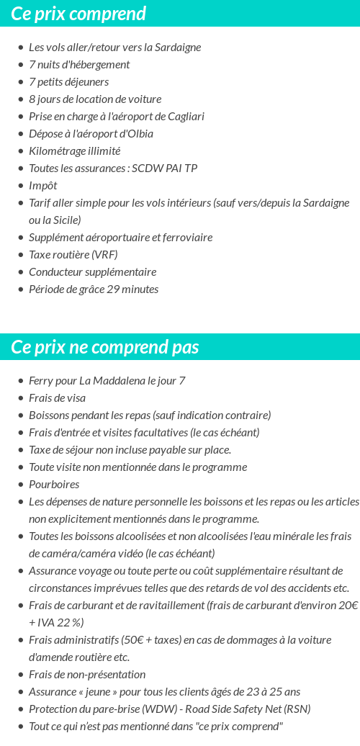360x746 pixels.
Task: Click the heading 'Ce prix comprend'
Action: point(78,14)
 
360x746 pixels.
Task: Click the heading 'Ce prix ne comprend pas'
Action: point(104,347)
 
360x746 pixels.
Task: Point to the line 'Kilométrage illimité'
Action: point(74,151)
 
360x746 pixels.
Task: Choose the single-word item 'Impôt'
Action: point(42,186)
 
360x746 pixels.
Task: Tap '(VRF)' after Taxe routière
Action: point(104,255)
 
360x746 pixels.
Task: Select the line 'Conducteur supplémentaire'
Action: point(92,272)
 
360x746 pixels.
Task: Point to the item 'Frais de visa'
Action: point(57,398)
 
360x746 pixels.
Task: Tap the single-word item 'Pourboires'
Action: point(54,485)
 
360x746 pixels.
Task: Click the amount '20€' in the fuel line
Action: point(348,606)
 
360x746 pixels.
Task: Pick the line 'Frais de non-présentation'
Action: point(87,675)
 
